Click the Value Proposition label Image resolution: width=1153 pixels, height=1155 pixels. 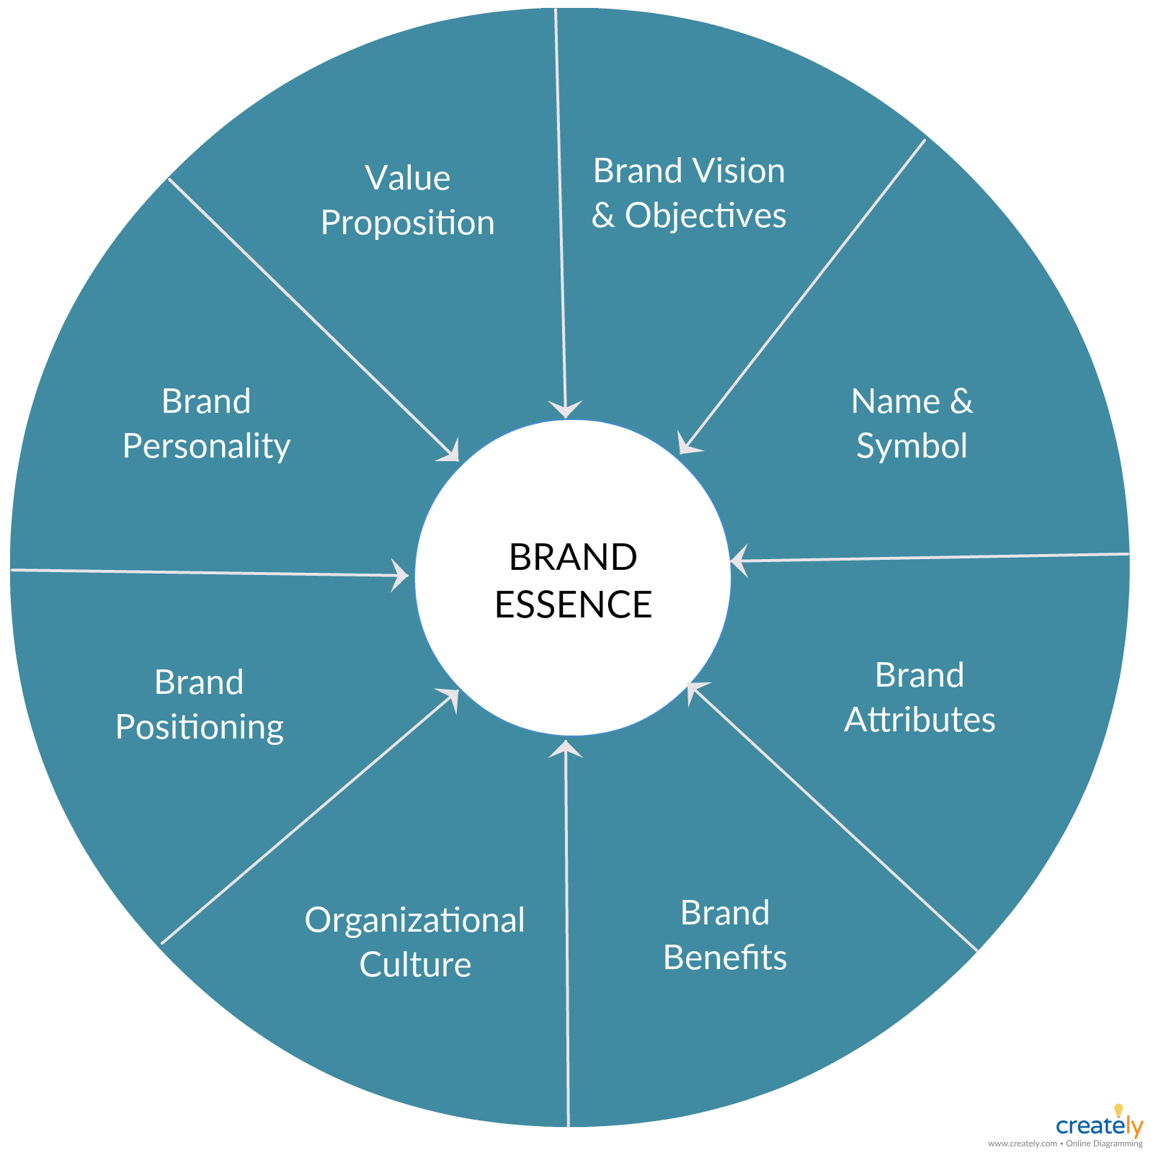click(408, 200)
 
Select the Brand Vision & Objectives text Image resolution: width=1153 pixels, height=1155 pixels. click(689, 193)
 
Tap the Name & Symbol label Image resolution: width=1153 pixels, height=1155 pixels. click(912, 424)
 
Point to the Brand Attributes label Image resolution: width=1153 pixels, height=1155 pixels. click(920, 697)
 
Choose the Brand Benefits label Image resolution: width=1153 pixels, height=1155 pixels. click(725, 935)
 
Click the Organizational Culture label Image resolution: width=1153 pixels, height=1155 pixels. click(415, 942)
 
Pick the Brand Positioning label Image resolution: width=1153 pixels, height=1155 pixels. click(200, 705)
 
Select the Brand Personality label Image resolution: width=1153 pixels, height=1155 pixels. click(207, 424)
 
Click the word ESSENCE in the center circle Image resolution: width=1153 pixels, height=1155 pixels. click(574, 605)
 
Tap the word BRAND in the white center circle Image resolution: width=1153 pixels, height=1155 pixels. click(574, 557)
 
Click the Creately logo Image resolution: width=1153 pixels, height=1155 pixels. click(1100, 1124)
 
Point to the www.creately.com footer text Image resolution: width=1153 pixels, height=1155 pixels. click(1022, 1143)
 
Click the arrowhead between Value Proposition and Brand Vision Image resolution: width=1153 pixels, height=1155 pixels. click(566, 409)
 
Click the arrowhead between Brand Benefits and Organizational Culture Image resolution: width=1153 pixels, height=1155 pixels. click(566, 749)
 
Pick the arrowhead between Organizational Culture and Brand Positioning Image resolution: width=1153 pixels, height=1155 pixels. click(450, 697)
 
